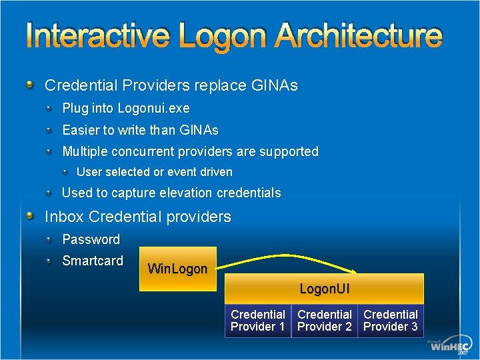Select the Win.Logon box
177,269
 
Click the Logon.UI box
324,289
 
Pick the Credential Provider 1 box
258,321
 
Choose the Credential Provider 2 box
324,321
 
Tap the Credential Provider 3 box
391,321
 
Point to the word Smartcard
93,261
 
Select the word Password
91,239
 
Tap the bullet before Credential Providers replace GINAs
31,85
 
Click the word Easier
81,130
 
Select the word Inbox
64,217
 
